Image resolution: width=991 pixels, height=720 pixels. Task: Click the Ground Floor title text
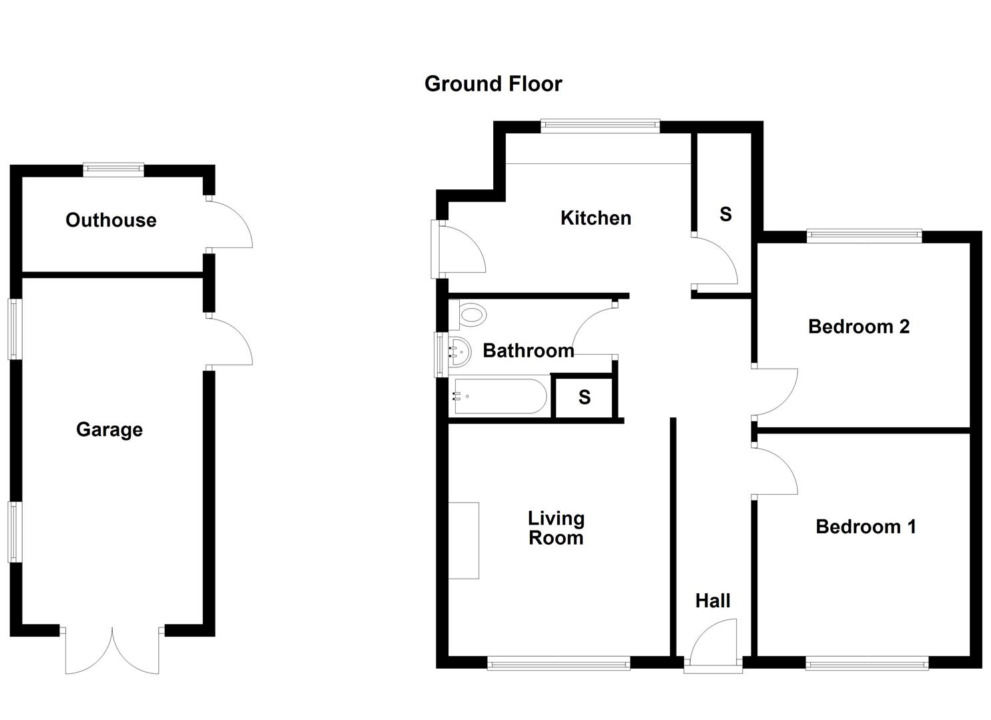493,84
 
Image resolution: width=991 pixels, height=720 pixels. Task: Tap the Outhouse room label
111,220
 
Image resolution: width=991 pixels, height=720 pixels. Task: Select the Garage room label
109,429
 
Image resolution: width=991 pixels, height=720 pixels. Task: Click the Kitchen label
595,218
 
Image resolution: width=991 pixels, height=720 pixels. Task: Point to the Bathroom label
528,351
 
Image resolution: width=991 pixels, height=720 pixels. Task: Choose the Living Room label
556,528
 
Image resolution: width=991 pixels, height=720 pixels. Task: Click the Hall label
713,601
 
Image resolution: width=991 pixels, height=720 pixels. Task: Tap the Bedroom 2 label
858,327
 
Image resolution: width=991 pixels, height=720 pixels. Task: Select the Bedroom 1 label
865,527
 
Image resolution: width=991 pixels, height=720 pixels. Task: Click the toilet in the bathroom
470,315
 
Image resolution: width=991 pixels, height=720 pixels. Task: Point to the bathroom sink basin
459,351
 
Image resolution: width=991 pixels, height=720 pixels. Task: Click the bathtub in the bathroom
499,397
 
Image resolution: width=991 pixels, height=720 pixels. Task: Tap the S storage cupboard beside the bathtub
584,398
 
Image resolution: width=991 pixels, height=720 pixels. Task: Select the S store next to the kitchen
725,214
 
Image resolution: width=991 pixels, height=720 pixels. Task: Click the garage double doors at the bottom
112,650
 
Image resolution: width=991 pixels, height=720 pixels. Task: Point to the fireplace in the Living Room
464,541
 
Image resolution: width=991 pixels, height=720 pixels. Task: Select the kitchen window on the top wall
600,125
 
